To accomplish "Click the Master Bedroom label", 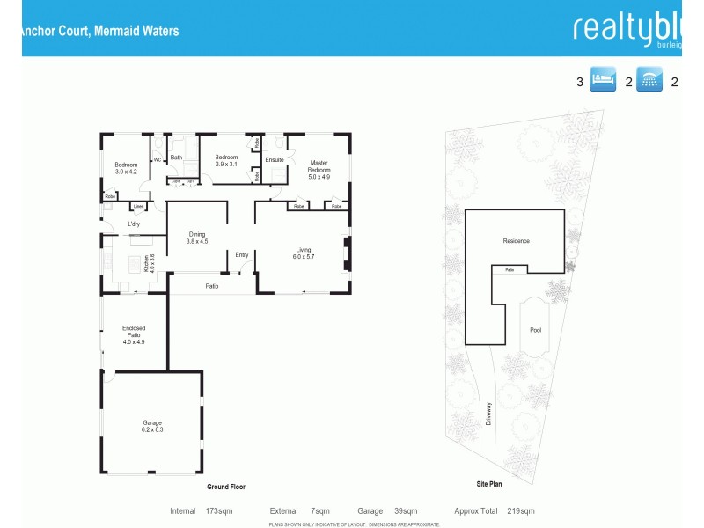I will click(x=319, y=169).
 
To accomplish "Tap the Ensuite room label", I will click(x=275, y=159).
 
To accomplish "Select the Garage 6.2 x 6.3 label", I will click(x=153, y=426).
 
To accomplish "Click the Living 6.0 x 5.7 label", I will click(x=304, y=254).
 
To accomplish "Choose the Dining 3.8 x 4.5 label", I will click(x=196, y=238).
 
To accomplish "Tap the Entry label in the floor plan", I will click(x=241, y=255).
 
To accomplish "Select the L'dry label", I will click(x=134, y=224).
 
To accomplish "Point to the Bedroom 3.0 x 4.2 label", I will click(x=127, y=168).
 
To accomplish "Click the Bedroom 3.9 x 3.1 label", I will click(x=227, y=160).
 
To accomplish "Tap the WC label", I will click(x=158, y=160).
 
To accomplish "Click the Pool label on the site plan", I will click(x=536, y=331).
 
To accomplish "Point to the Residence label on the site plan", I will click(x=517, y=240).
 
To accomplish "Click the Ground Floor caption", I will click(x=225, y=487).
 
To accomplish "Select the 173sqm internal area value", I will click(x=217, y=510).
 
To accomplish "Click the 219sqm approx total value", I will click(x=520, y=510).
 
